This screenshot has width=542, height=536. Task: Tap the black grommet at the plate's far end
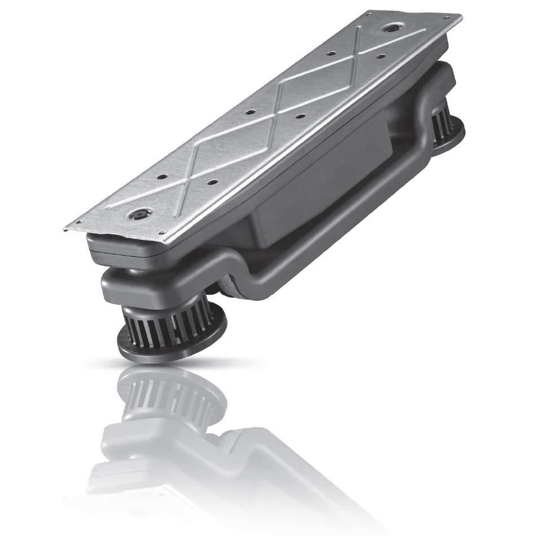pyautogui.click(x=390, y=27)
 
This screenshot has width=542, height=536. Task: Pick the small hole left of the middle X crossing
pyautogui.click(x=248, y=112)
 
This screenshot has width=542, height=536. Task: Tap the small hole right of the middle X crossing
pyautogui.click(x=300, y=116)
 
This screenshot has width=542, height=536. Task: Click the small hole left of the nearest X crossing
pyautogui.click(x=161, y=177)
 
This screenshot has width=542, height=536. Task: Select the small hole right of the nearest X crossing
pyautogui.click(x=213, y=182)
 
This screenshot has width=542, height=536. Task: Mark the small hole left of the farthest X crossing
pyautogui.click(x=331, y=54)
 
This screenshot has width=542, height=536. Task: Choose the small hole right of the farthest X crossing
pyautogui.click(x=381, y=56)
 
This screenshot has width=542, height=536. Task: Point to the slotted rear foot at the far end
pyautogui.click(x=446, y=127)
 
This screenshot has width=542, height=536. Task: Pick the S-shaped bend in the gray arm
pyautogui.click(x=231, y=271)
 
